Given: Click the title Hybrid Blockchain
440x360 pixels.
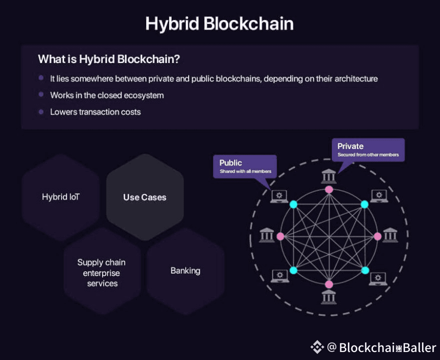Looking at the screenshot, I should [219, 24].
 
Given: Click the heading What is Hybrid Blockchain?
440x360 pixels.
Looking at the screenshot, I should [109, 59].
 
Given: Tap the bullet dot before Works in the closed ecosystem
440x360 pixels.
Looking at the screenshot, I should [41, 94].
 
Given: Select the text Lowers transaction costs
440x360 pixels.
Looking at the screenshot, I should [95, 112].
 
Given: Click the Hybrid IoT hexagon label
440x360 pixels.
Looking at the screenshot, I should [61, 197].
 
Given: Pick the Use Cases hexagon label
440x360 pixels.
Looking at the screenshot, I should [145, 197].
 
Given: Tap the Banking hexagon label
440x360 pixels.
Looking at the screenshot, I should [185, 271].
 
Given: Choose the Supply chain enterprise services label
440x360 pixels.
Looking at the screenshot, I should [102, 273].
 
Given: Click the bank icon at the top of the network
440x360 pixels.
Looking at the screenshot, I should [329, 176].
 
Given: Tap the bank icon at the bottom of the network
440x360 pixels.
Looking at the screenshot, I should [329, 297].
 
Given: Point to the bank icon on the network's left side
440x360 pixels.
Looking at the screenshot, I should [267, 235].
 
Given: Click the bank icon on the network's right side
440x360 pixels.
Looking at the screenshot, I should [390, 235].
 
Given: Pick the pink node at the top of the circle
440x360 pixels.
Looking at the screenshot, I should [329, 189].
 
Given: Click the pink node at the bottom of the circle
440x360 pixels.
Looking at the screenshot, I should [329, 284].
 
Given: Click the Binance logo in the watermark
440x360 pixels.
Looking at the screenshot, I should [317, 347].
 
